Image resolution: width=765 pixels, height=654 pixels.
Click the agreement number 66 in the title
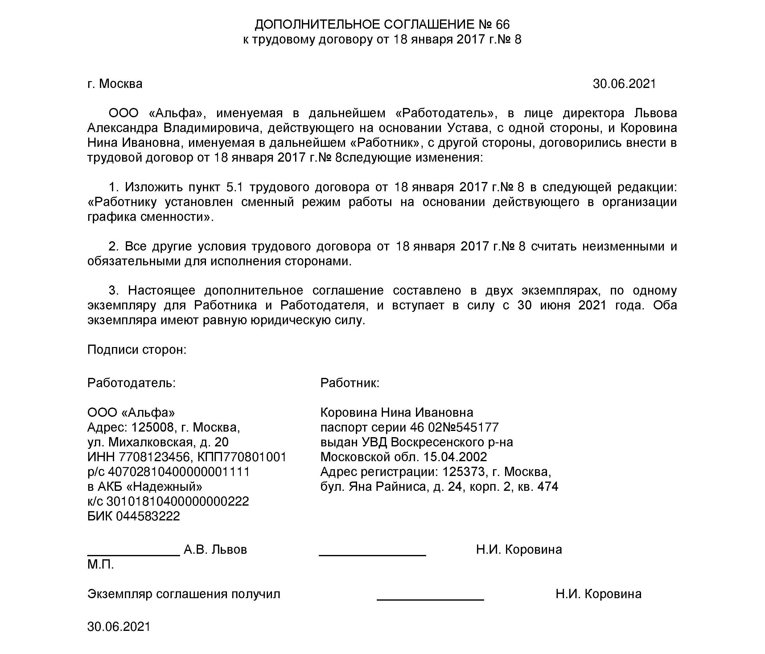[503, 24]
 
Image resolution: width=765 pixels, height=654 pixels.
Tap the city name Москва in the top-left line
[121, 84]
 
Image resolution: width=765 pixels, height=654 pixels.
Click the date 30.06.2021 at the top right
[624, 84]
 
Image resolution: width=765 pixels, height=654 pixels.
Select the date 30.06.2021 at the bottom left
[119, 627]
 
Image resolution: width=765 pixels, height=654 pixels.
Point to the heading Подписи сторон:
[137, 349]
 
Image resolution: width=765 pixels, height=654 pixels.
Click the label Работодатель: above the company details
[131, 383]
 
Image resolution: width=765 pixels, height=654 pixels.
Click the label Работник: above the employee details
[350, 383]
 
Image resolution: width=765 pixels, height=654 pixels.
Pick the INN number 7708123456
[154, 457]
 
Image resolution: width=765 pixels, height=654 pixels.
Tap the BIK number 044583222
[148, 516]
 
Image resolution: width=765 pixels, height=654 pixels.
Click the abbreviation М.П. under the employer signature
[101, 564]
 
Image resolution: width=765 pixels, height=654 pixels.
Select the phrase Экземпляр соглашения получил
[183, 594]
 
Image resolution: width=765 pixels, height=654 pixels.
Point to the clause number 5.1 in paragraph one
[234, 187]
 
